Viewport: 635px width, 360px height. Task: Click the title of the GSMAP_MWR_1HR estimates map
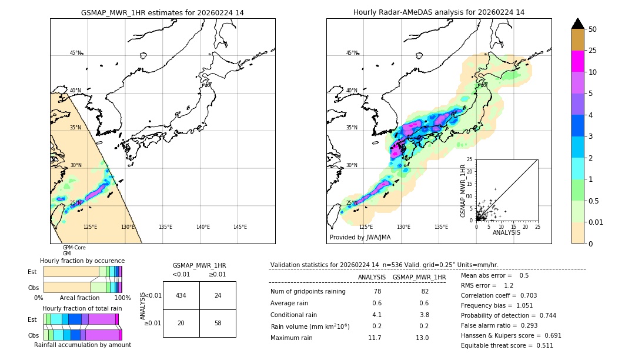162,12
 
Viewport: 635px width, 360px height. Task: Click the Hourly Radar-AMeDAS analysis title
439,12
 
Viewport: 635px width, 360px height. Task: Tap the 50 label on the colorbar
593,29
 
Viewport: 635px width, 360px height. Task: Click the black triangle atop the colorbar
578,24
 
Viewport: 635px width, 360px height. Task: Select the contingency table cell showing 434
181,295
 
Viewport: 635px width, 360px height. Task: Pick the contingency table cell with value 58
218,324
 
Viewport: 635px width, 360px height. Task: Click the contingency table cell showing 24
218,295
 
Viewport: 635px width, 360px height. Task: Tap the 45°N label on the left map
76,53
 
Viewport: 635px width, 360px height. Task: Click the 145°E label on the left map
240,227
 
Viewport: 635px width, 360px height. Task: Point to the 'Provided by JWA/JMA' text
360,237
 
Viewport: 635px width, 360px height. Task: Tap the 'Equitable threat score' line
507,345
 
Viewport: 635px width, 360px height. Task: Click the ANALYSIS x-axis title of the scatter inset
506,232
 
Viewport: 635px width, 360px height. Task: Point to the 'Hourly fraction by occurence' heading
82,261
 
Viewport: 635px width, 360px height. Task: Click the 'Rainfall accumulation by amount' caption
82,345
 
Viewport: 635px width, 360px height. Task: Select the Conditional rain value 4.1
376,315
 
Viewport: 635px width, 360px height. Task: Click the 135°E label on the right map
441,227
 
